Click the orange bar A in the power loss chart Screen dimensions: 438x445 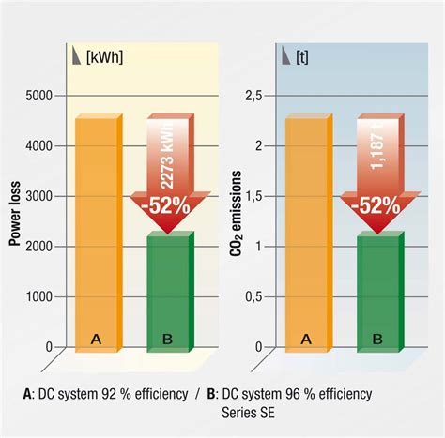tap(96, 234)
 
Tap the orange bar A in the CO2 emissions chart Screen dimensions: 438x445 tap(304, 234)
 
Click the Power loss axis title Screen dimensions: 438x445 tap(15, 215)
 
